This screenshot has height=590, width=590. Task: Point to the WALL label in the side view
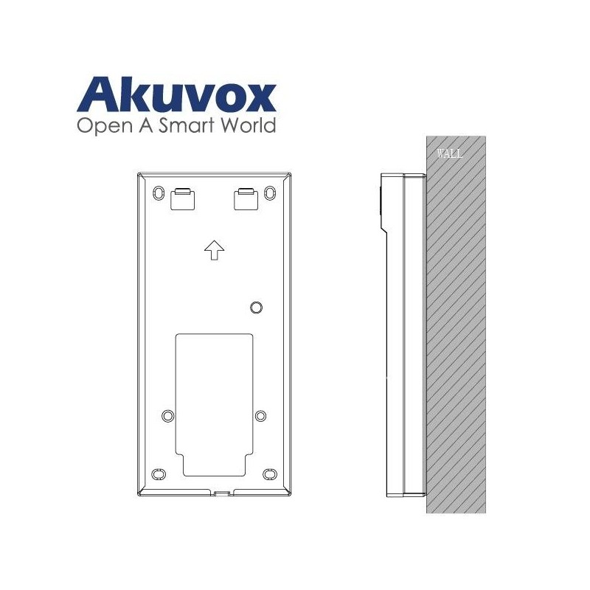click(x=450, y=154)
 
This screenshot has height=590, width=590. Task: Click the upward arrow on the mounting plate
click(x=214, y=251)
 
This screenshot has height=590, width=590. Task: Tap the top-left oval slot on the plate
click(x=159, y=192)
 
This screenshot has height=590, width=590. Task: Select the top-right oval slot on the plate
click(x=269, y=192)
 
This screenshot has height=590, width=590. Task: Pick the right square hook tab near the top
click(x=246, y=198)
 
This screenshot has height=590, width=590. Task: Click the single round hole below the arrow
click(x=256, y=307)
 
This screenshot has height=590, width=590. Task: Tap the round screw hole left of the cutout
click(x=167, y=416)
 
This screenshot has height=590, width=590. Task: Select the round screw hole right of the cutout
click(x=260, y=416)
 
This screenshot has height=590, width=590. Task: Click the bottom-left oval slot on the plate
click(x=158, y=473)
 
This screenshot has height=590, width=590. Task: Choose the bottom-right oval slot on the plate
click(x=269, y=473)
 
